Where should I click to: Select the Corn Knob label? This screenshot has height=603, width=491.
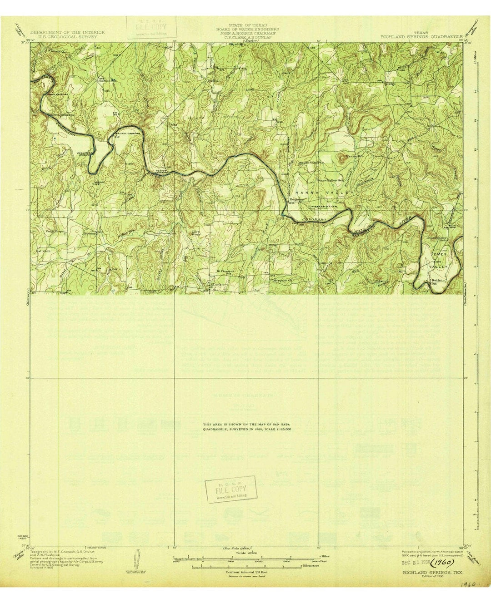pos(195,233)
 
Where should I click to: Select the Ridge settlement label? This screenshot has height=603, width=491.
pos(391,84)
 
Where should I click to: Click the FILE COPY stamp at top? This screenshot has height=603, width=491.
pos(148,27)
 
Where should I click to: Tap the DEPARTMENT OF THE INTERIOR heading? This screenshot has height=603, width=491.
pos(67,32)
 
